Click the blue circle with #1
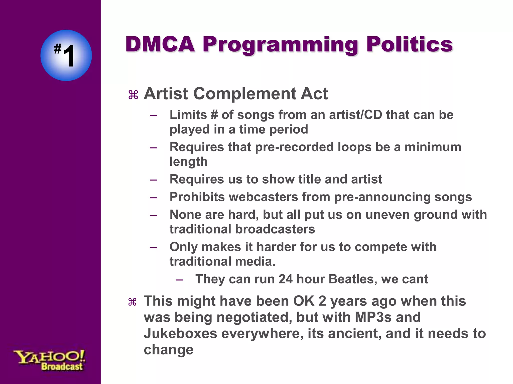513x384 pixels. pyautogui.click(x=66, y=55)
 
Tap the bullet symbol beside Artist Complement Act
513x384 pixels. pyautogui.click(x=133, y=95)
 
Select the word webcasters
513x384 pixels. pyautogui.click(x=264, y=197)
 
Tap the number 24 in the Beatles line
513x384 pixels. pyautogui.click(x=286, y=279)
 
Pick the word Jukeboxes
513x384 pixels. pyautogui.click(x=180, y=333)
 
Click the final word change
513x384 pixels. pyautogui.click(x=169, y=350)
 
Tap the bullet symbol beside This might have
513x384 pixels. pyautogui.click(x=132, y=302)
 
